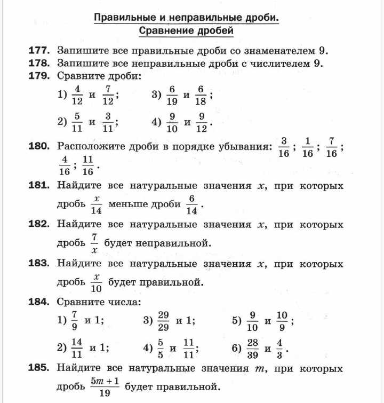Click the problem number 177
[x=39, y=51]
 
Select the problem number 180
[x=39, y=145]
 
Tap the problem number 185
[x=39, y=368]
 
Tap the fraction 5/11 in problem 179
[x=77, y=122]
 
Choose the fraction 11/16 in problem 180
[x=88, y=165]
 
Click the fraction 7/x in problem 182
[x=94, y=243]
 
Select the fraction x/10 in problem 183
[x=96, y=282]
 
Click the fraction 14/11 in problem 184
[x=77, y=348]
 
